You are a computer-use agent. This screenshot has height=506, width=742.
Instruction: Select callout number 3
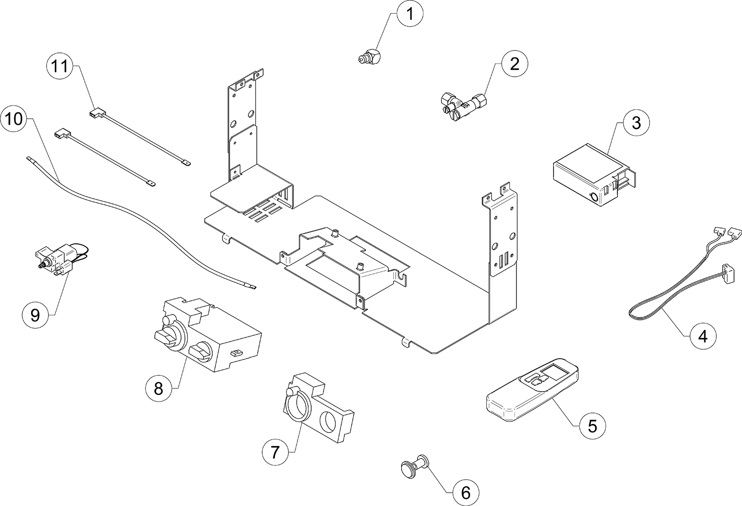tap(636, 123)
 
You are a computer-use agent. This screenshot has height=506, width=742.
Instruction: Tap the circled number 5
tap(593, 425)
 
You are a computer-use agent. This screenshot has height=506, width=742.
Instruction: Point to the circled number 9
tap(35, 315)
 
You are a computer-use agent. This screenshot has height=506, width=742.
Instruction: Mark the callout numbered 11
tap(60, 66)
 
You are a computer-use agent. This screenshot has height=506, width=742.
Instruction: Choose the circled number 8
tap(158, 388)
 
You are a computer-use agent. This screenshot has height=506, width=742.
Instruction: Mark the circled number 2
tap(514, 64)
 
